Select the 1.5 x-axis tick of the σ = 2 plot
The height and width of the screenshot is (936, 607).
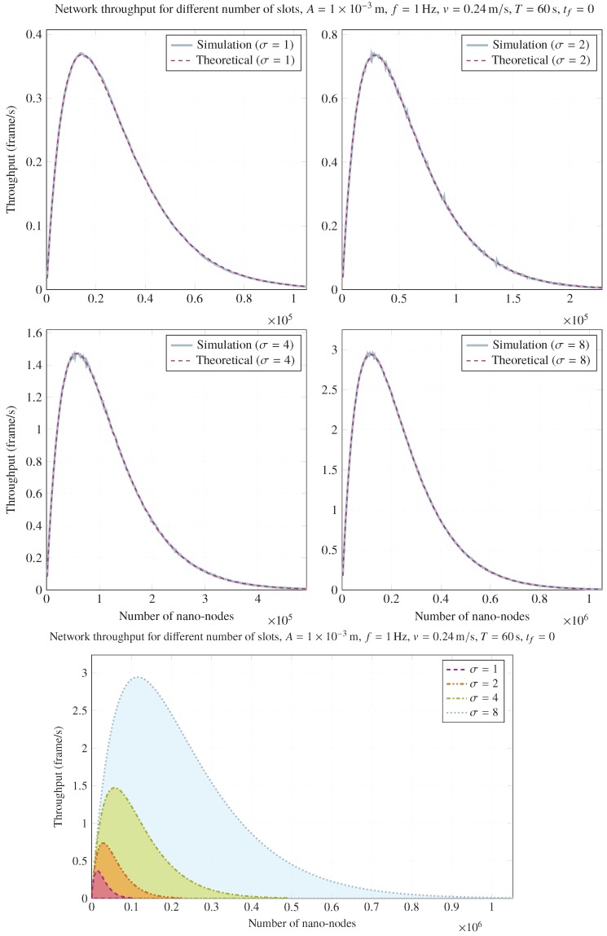click(x=529, y=299)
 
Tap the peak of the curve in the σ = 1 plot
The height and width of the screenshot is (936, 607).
click(x=81, y=54)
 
